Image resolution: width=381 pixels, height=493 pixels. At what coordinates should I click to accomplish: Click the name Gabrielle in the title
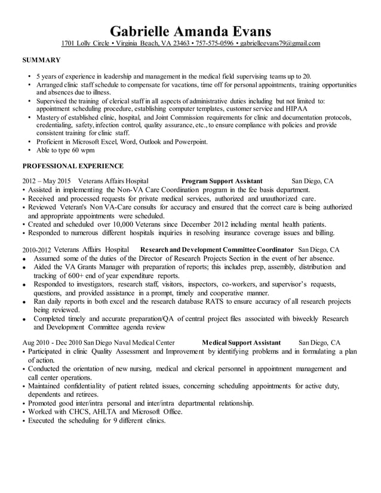click(141, 30)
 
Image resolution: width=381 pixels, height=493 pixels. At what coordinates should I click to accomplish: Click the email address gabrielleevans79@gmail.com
click(280, 44)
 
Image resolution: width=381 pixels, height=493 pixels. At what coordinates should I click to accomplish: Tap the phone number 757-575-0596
click(214, 44)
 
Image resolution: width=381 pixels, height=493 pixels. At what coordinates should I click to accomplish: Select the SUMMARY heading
click(41, 60)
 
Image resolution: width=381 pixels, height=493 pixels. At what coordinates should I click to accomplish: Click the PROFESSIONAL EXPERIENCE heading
click(73, 166)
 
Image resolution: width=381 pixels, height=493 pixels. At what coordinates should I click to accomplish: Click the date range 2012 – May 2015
click(47, 180)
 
